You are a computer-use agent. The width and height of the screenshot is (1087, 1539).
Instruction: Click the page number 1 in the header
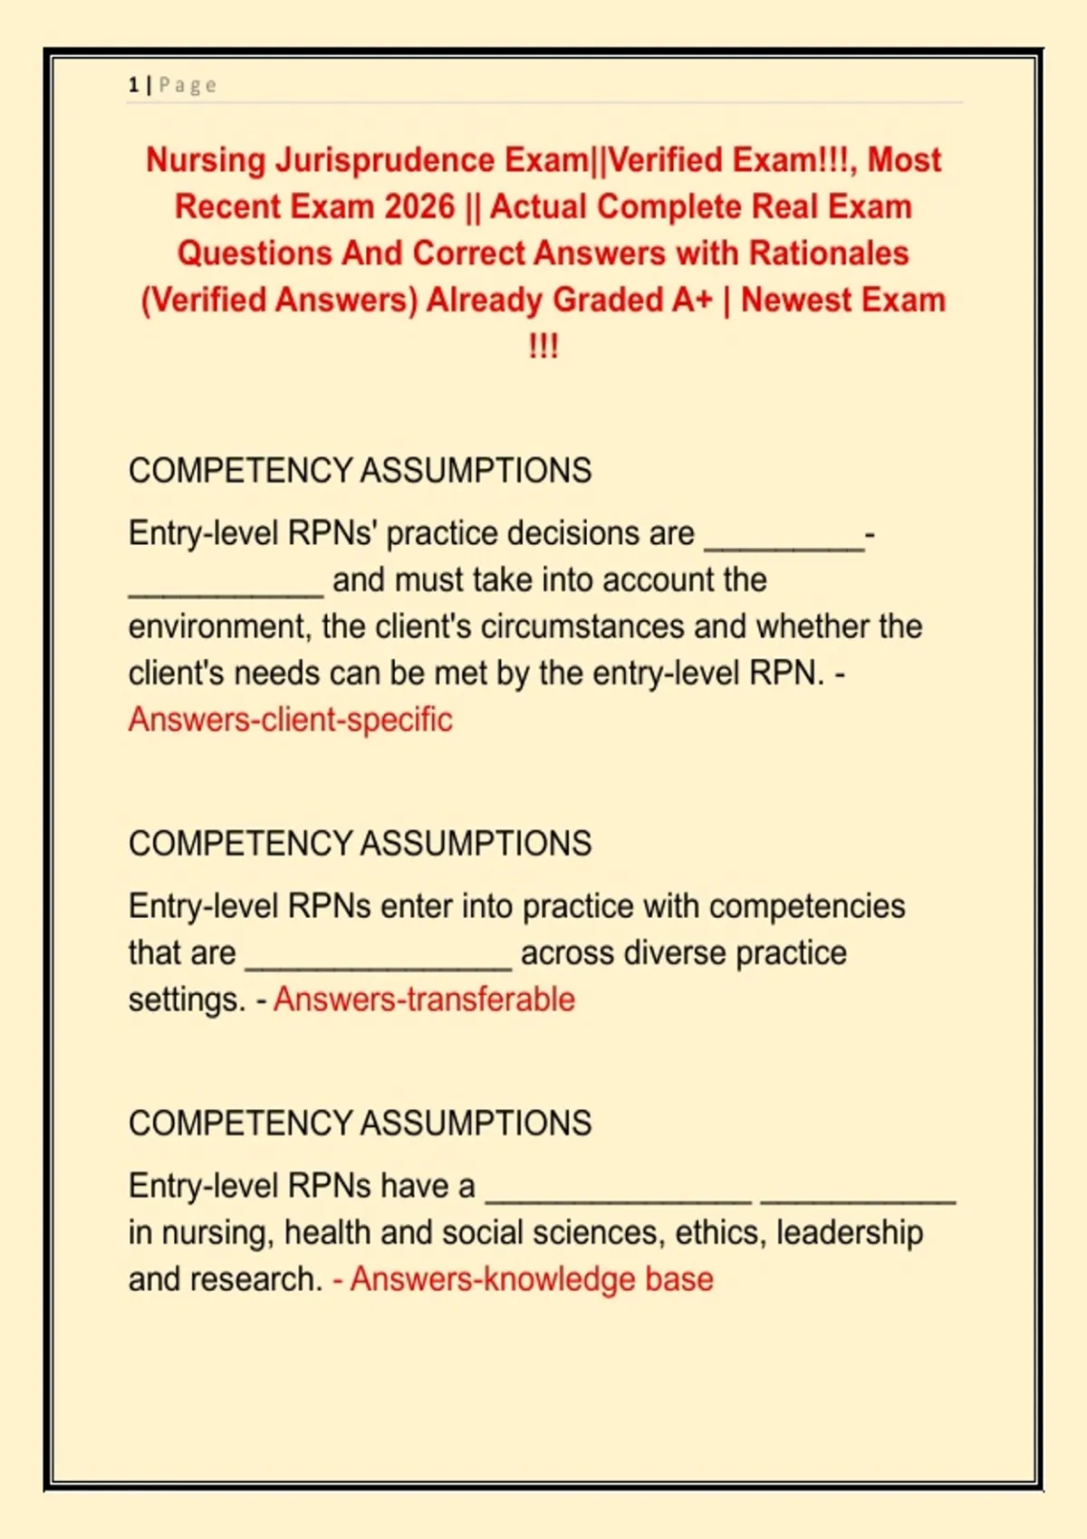tap(133, 85)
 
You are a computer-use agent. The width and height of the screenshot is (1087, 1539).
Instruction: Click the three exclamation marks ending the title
tap(543, 347)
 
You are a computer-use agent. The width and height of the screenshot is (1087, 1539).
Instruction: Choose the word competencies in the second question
tap(807, 906)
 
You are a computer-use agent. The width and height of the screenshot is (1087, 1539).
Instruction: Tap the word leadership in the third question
tap(850, 1233)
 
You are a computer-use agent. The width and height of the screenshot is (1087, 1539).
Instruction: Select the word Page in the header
tap(188, 85)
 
